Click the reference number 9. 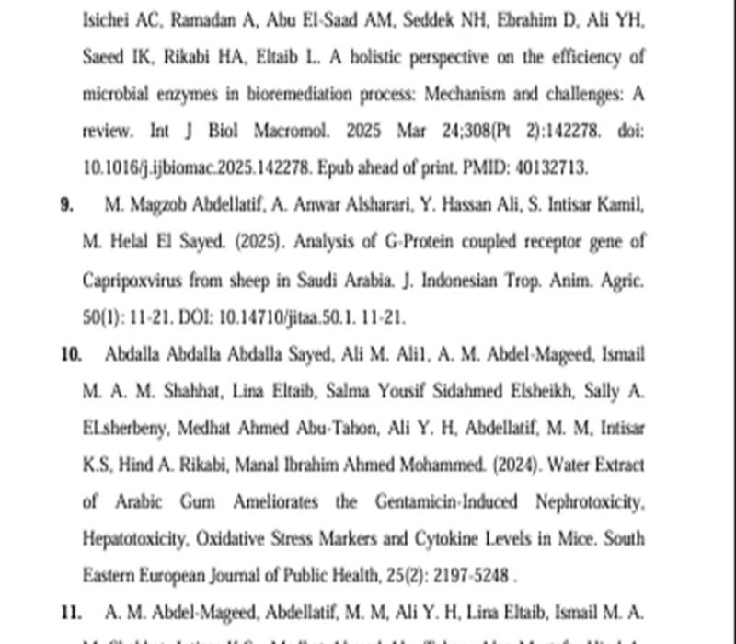[x=66, y=205]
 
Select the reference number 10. [x=70, y=354]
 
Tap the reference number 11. [x=70, y=612]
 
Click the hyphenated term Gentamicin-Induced [x=443, y=501]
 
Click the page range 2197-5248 [x=468, y=575]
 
